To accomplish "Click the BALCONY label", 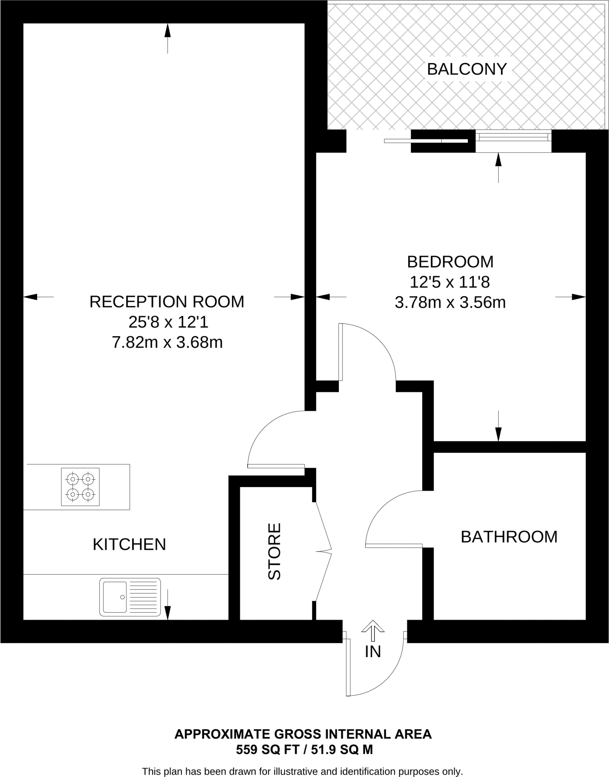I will pyautogui.click(x=467, y=69).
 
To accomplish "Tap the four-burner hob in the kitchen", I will pyautogui.click(x=80, y=487).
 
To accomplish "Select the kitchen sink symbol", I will pyautogui.click(x=130, y=597).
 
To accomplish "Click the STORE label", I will pyautogui.click(x=274, y=552).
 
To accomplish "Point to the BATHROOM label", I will pyautogui.click(x=509, y=537).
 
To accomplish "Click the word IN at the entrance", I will pyautogui.click(x=373, y=652).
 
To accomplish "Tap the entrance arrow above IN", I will pyautogui.click(x=373, y=631).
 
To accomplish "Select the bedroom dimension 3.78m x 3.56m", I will pyautogui.click(x=450, y=303).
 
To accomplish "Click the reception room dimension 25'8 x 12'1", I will pyautogui.click(x=168, y=322).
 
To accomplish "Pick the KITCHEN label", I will pyautogui.click(x=129, y=544).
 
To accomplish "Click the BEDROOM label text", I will pyautogui.click(x=450, y=262).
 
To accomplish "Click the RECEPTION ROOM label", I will pyautogui.click(x=167, y=302).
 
